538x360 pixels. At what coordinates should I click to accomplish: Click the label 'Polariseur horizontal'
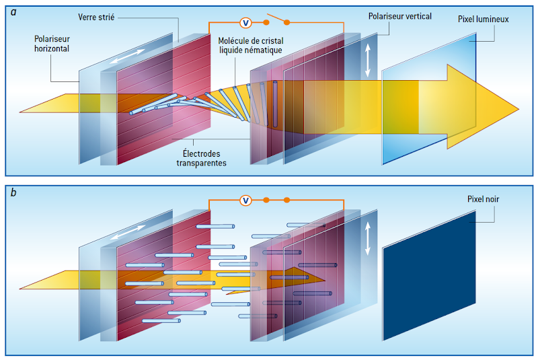[x=52, y=44]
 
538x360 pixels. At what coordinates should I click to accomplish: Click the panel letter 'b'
[x=13, y=193]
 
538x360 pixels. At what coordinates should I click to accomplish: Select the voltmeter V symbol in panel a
[x=246, y=23]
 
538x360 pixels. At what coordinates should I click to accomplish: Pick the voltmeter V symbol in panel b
[x=246, y=200]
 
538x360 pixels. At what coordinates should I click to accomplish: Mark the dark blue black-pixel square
[x=430, y=283]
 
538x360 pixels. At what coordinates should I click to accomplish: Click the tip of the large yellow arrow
[x=516, y=109]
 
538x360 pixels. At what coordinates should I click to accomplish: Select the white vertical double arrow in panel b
[x=368, y=239]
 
